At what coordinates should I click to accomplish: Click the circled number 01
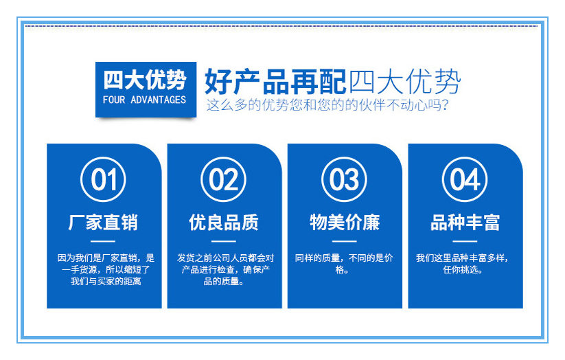103,179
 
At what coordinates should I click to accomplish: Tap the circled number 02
223,179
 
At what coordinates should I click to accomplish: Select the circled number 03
344,179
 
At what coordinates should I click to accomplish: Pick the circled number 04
465,179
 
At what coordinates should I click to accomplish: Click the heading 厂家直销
103,222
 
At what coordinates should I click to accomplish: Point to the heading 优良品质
224,222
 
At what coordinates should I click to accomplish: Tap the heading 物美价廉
345,222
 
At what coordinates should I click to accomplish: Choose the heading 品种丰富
465,222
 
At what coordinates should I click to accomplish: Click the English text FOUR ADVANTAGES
144,100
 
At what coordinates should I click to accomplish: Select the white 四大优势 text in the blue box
145,80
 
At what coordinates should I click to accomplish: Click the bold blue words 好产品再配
276,82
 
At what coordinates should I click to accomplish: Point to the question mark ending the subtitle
445,105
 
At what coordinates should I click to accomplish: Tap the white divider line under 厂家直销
103,241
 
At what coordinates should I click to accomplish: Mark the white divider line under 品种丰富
465,241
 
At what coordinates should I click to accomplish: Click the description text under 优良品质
225,269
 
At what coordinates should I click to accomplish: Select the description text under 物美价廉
344,264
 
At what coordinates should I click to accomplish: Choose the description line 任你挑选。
463,269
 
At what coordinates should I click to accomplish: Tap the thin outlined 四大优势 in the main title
404,82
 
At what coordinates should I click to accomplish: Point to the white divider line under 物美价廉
344,241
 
